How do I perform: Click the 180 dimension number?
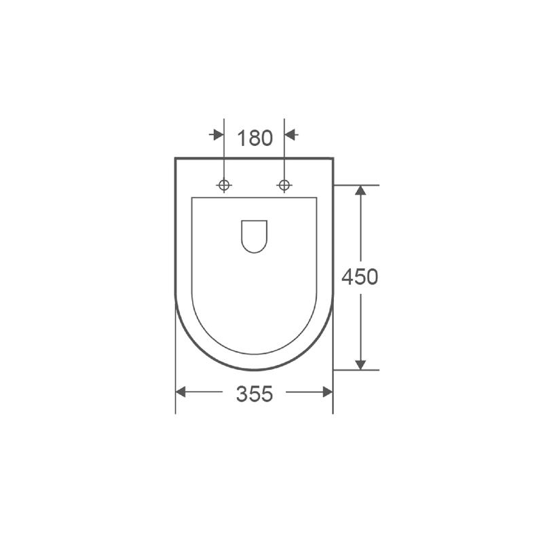pyautogui.click(x=255, y=138)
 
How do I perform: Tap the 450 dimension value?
pyautogui.click(x=360, y=277)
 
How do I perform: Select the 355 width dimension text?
pyautogui.click(x=255, y=394)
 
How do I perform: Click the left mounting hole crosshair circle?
pyautogui.click(x=224, y=185)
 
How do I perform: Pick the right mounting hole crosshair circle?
pyautogui.click(x=284, y=185)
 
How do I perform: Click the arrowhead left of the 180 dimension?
pyautogui.click(x=219, y=134)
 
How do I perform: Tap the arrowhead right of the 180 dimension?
pyautogui.click(x=290, y=134)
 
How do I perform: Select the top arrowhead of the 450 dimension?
pyautogui.click(x=361, y=190)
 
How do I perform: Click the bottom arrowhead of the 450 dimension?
pyautogui.click(x=361, y=364)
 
